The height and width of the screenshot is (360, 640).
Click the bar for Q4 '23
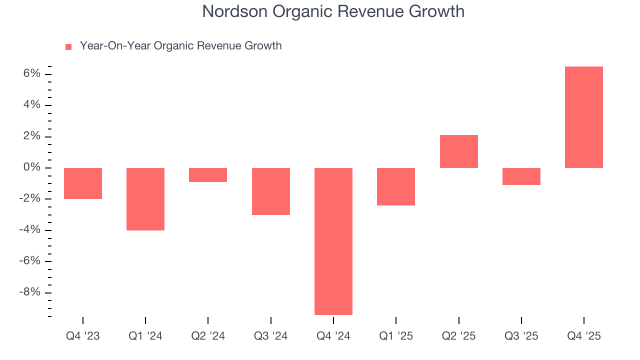click(x=83, y=183)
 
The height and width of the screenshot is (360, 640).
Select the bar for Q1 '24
click(x=145, y=199)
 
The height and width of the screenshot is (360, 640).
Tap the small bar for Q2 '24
click(x=208, y=175)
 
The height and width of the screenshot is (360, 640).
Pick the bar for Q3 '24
click(x=270, y=191)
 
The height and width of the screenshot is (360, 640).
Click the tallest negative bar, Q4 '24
click(x=333, y=241)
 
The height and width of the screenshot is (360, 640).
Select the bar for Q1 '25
click(x=396, y=186)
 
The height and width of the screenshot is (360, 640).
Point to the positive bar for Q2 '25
click(x=458, y=151)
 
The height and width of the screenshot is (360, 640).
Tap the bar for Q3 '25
click(x=521, y=176)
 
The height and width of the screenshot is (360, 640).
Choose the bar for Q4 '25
click(x=584, y=117)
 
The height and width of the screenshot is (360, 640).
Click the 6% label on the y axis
click(x=31, y=74)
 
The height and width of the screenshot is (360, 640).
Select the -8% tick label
click(x=29, y=292)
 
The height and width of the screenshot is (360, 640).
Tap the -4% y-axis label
click(x=29, y=230)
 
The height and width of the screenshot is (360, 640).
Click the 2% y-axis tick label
click(x=31, y=136)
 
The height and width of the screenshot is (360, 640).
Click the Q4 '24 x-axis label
click(x=333, y=336)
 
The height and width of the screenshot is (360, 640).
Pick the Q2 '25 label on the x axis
click(x=458, y=336)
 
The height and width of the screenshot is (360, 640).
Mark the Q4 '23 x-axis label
click(x=83, y=336)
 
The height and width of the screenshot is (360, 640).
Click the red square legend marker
click(x=68, y=47)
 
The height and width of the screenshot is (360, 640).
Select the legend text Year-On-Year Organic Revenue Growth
click(x=180, y=46)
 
